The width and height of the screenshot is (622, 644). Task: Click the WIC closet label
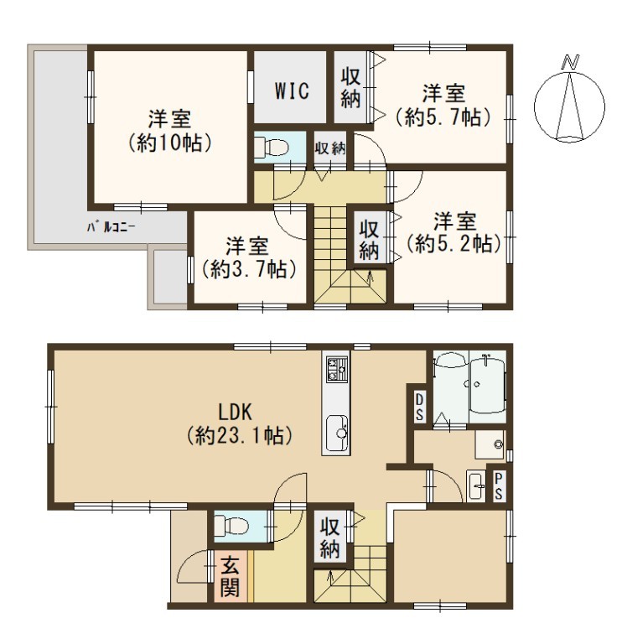[x=292, y=91]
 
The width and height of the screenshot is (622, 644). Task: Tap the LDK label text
[x=236, y=412]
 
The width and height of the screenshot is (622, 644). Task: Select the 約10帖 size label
[x=169, y=143]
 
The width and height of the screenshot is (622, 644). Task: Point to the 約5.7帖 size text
[x=443, y=117]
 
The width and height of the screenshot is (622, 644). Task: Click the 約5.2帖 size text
[x=454, y=244]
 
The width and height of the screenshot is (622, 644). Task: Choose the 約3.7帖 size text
[x=249, y=269]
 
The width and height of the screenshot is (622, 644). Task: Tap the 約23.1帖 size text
[x=240, y=435]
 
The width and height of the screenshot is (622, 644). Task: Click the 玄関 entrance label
[x=230, y=578]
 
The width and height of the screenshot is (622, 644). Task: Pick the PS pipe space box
[x=499, y=486]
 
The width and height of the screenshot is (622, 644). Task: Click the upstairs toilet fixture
[x=271, y=148]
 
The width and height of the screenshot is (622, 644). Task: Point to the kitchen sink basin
[x=337, y=434]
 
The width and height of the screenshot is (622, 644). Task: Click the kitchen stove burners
[x=337, y=368]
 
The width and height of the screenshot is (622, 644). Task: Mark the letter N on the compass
[x=570, y=61]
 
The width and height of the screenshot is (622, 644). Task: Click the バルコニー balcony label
[x=111, y=226]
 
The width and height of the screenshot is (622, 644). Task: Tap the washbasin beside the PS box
[x=476, y=486]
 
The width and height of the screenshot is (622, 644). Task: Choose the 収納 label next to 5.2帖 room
[x=369, y=240]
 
